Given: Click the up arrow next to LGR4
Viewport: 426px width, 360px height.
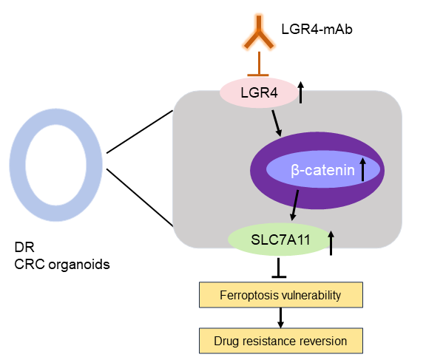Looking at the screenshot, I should click(x=301, y=93).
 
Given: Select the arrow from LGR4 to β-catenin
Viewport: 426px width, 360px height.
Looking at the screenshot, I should click(x=276, y=123).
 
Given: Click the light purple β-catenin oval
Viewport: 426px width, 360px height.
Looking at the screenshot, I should click(x=319, y=171).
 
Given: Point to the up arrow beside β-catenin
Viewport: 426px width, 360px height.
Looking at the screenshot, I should click(x=362, y=169).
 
